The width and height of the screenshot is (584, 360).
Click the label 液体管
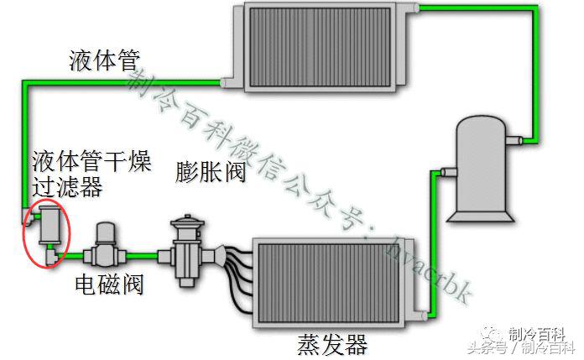click(104, 60)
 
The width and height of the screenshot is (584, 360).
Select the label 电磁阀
click(109, 284)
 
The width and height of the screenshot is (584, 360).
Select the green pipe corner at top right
click(534, 9)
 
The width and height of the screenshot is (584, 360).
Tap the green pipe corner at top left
click(22, 82)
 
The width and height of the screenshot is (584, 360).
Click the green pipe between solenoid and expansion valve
click(145, 252)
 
